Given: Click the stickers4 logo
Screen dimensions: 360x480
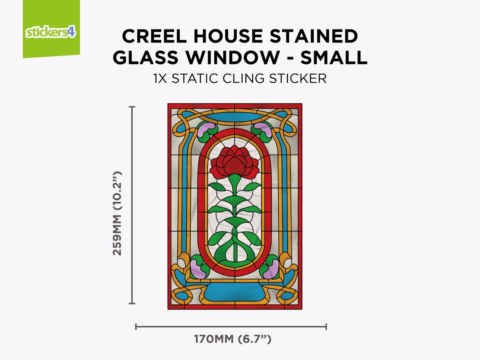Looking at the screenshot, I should tap(51, 32).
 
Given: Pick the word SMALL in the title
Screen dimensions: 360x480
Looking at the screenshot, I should tap(334, 58).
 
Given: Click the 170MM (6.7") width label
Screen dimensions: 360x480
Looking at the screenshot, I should tap(232, 339).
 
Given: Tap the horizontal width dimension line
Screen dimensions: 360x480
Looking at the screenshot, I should tap(231, 326).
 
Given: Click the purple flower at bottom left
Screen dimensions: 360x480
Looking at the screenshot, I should tap(197, 269).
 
